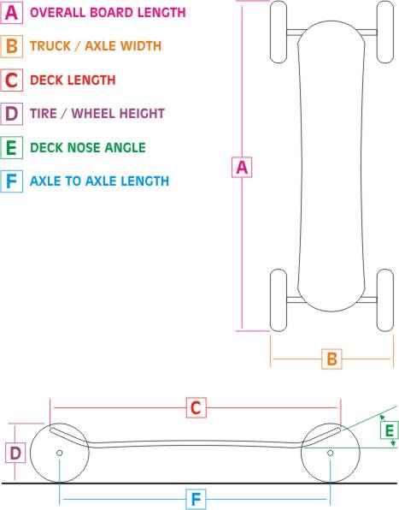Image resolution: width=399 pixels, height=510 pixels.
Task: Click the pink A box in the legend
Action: point(12,13)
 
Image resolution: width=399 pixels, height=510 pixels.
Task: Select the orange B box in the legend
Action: point(12,46)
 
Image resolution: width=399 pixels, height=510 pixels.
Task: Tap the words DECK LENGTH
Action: point(73,80)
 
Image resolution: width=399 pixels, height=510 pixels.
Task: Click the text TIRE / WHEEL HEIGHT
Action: point(97,114)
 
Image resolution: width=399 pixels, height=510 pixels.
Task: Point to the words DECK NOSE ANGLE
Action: point(88,148)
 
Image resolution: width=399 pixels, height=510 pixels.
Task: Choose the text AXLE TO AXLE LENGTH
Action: point(100,181)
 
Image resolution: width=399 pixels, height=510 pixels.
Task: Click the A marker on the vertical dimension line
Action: point(242,167)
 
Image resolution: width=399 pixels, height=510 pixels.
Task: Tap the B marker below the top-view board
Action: point(332,359)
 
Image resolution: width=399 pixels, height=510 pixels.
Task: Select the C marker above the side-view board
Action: point(197,407)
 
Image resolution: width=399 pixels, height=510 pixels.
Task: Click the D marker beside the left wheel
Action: point(15,453)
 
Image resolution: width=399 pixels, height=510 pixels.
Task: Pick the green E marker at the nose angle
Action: point(390,430)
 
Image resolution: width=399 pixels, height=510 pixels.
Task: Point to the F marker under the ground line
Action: point(197,499)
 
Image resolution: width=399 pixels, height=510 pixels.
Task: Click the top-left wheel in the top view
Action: point(279,32)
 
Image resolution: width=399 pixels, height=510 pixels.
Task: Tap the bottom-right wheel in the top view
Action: point(385,300)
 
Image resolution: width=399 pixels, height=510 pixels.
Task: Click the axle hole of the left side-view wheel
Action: point(60,453)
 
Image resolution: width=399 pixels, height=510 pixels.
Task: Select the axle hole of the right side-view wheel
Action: point(330,453)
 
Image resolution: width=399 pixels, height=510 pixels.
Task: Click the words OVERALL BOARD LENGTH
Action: point(108,12)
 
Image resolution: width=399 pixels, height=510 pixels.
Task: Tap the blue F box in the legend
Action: point(12,181)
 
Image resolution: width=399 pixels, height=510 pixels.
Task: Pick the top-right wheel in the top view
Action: point(385,32)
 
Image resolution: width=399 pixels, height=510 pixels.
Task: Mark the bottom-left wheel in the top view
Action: point(279,300)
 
